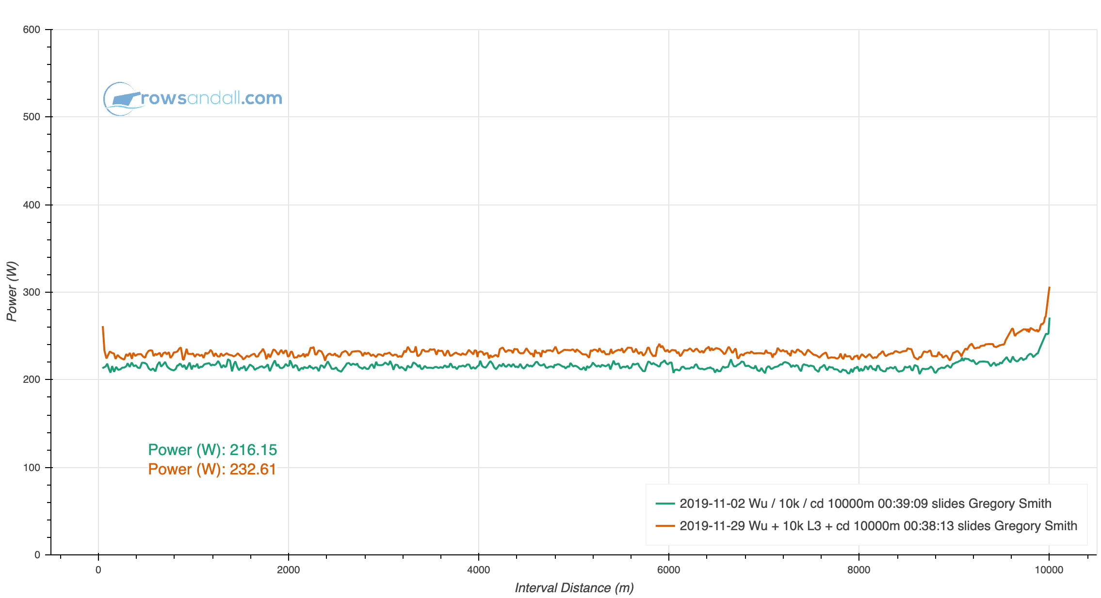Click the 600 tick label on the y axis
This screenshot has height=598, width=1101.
tap(32, 30)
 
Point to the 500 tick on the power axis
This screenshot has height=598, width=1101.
tap(32, 117)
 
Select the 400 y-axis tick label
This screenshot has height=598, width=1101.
tap(32, 205)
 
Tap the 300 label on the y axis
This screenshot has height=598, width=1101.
tap(32, 292)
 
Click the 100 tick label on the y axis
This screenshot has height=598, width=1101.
tap(32, 468)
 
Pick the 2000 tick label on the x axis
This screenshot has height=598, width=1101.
tap(289, 570)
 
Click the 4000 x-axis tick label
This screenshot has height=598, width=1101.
tap(479, 570)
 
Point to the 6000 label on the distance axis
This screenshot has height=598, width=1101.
tap(669, 570)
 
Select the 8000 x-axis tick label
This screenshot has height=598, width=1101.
tap(859, 570)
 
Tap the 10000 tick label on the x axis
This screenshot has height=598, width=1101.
tap(1049, 570)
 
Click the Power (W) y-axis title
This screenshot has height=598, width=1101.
tap(12, 291)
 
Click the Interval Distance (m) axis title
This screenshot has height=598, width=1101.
tap(574, 588)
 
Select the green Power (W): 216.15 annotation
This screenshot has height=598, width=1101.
tap(212, 450)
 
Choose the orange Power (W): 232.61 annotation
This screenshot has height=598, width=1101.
tap(212, 469)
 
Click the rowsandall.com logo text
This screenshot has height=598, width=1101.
tap(211, 98)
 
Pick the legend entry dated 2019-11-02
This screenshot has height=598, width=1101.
tap(865, 504)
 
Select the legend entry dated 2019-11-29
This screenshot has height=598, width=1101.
tap(878, 526)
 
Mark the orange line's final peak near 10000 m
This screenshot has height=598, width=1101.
tap(1049, 288)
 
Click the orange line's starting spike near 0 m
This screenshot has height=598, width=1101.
tap(103, 327)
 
